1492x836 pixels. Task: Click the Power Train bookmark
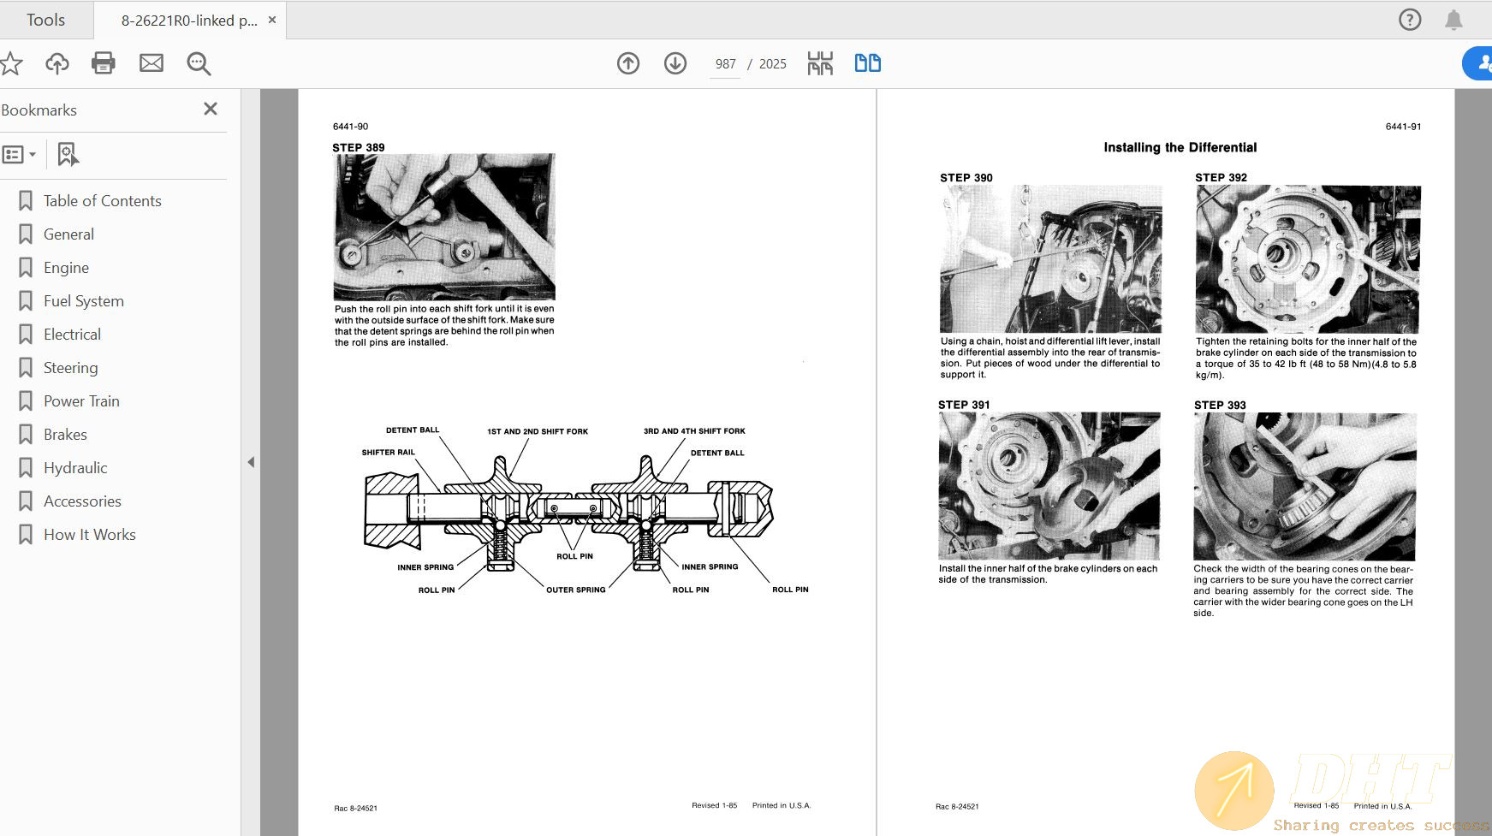81,401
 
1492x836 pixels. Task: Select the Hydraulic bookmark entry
75,468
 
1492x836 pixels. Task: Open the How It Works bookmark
89,535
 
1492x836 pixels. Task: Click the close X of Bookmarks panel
211,109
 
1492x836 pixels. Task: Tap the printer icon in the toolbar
104,63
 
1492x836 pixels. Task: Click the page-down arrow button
675,63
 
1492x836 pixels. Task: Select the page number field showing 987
725,64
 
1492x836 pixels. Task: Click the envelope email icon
152,63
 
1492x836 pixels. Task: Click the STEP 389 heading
359,147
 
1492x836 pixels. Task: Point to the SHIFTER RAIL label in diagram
388,453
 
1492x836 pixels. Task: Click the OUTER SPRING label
575,590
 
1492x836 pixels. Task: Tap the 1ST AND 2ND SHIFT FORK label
538,431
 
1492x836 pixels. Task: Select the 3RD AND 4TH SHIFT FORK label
694,431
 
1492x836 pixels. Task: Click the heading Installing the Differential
1180,147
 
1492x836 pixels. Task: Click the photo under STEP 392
1308,259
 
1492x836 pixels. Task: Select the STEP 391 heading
964,405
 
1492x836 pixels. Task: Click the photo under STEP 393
1305,487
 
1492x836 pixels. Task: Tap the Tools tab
45,20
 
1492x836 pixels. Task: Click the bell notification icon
1453,20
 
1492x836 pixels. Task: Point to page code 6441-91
1403,127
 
